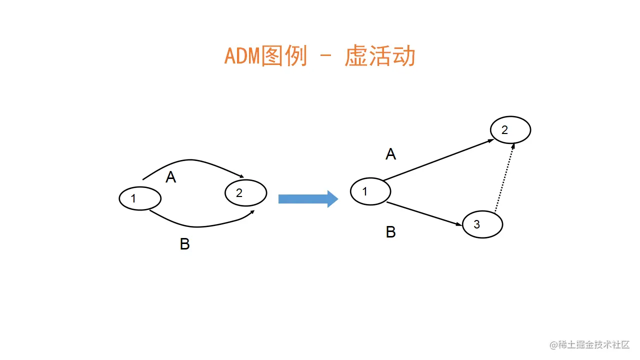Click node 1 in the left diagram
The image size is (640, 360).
click(x=140, y=198)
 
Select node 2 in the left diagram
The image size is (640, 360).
click(x=245, y=192)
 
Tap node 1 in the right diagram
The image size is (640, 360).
click(x=370, y=191)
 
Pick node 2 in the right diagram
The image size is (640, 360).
click(x=510, y=130)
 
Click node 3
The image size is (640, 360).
click(x=482, y=224)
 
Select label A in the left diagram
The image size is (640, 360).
click(x=171, y=177)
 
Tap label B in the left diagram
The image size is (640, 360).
click(x=184, y=244)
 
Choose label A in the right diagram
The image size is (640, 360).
click(x=390, y=154)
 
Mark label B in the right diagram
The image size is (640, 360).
click(x=390, y=232)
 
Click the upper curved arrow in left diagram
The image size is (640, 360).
click(x=190, y=160)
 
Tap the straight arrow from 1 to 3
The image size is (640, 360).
click(x=425, y=215)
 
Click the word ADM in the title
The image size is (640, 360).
click(x=242, y=56)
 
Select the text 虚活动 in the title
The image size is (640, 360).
click(x=380, y=56)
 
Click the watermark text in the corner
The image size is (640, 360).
click(x=590, y=344)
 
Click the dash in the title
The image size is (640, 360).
click(x=325, y=57)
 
